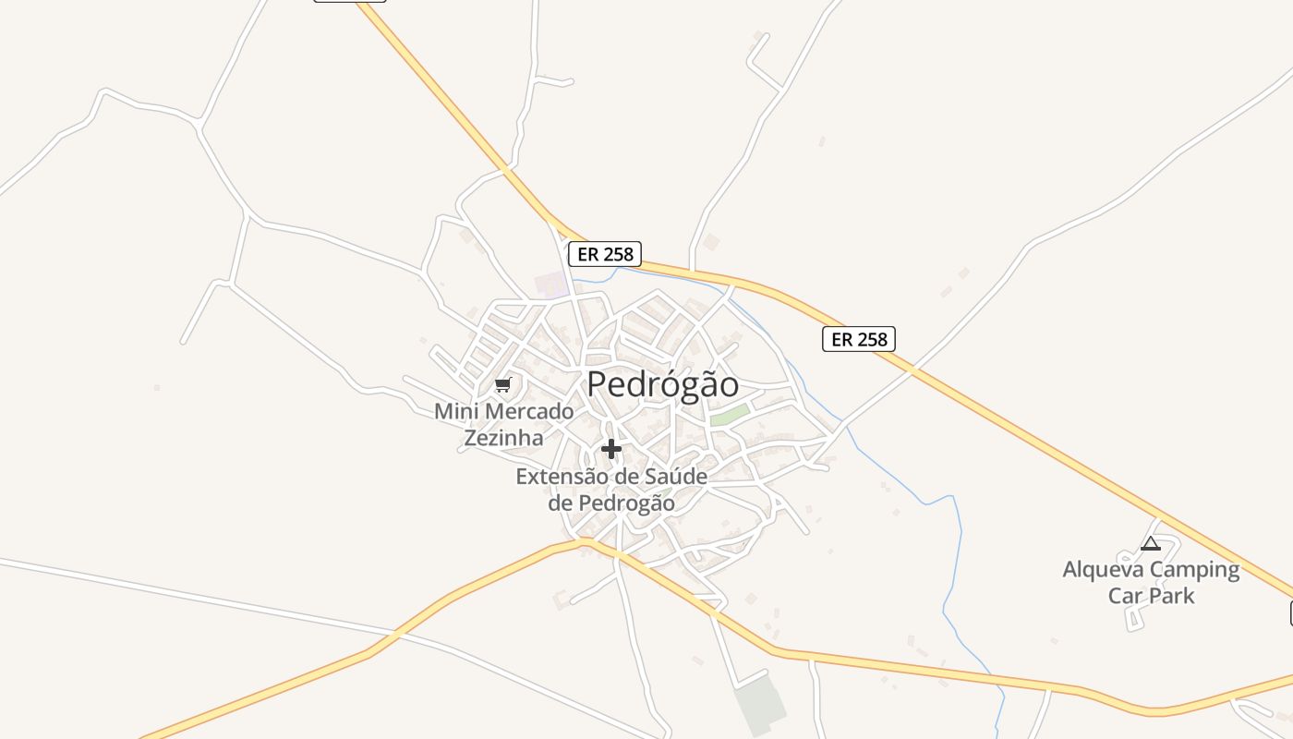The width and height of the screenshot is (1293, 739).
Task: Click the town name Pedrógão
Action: tap(662, 384)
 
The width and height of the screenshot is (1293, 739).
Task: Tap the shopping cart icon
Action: tap(502, 384)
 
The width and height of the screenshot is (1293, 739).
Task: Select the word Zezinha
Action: tap(503, 438)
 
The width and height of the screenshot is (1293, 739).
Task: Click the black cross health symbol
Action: tap(611, 449)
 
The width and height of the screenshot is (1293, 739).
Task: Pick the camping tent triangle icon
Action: tap(1150, 543)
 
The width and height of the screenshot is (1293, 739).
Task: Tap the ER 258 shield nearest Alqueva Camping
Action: tap(859, 339)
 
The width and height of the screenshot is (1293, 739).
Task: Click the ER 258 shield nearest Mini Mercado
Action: tap(604, 254)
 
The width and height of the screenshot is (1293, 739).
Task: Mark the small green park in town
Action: tap(729, 416)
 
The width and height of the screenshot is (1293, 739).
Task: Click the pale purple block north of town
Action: tap(552, 284)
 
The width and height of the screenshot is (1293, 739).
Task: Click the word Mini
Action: tap(455, 411)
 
